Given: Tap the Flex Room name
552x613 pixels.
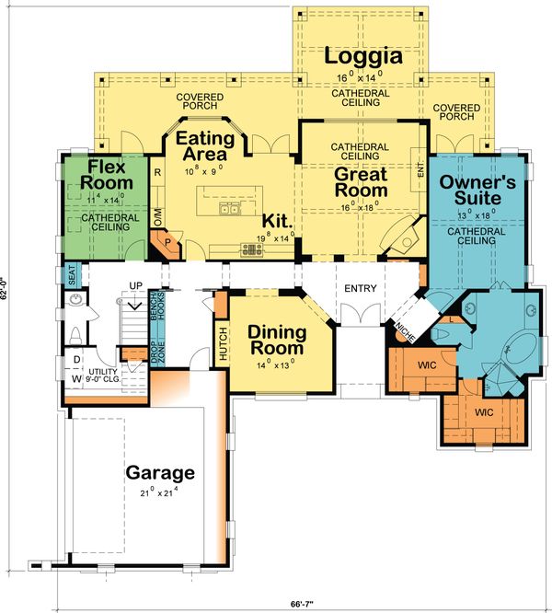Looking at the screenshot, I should click(x=111, y=175).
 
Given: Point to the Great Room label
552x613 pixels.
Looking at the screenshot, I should click(x=360, y=182).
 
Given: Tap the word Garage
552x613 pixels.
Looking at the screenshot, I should click(x=160, y=474).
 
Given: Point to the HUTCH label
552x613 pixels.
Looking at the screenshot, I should click(x=222, y=341).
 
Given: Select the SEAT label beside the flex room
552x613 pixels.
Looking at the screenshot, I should click(x=70, y=274).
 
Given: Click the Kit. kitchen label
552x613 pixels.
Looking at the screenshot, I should click(x=278, y=222).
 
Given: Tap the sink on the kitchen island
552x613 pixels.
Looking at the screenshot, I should click(x=226, y=209).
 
